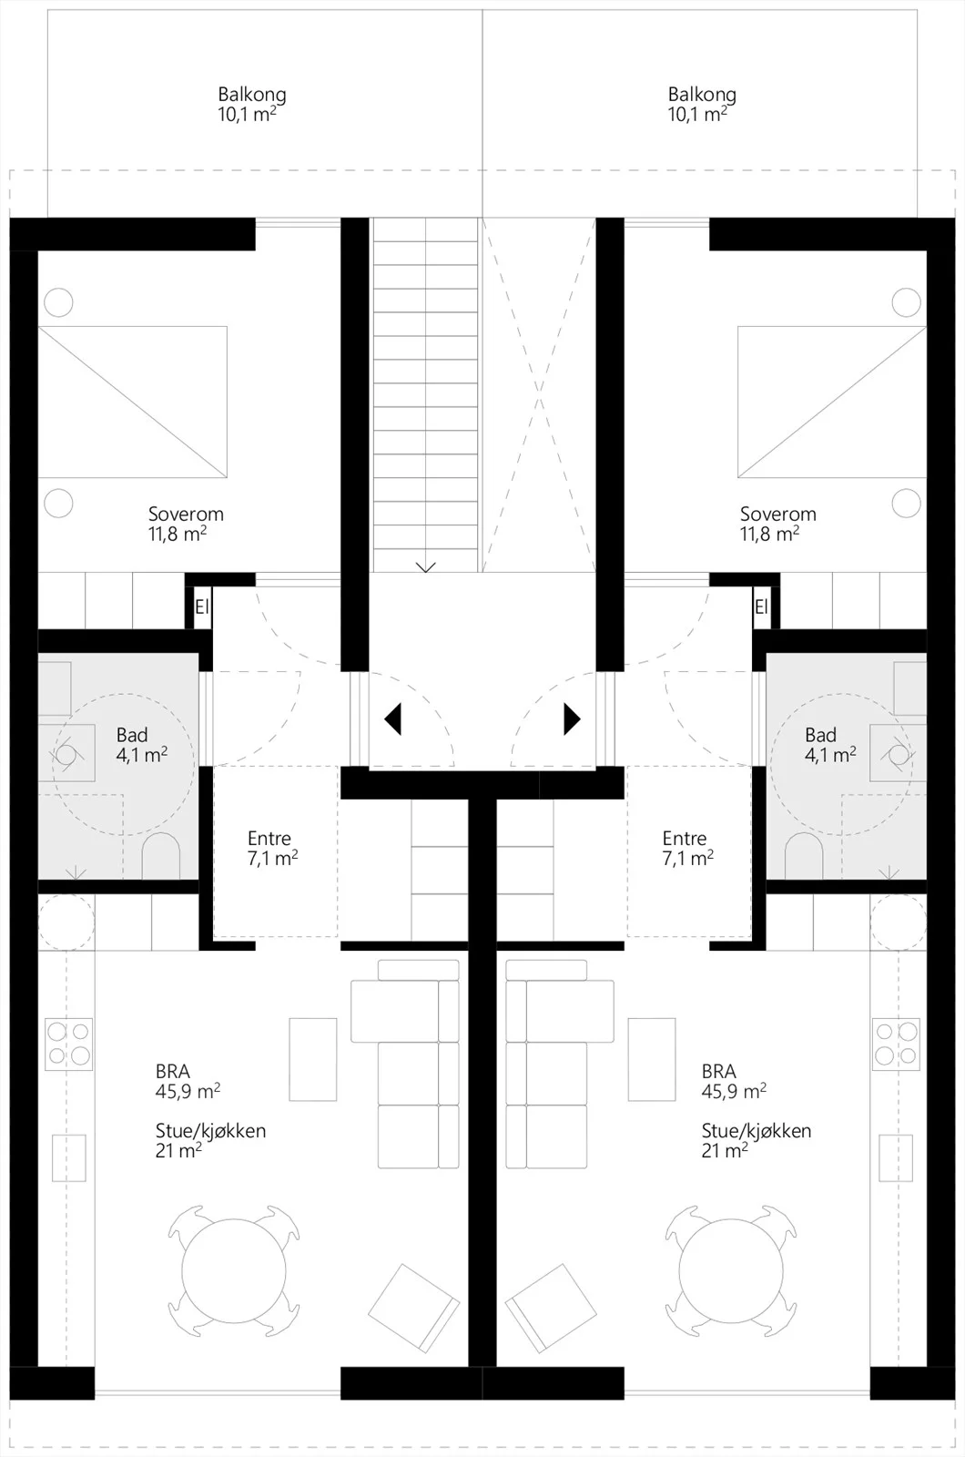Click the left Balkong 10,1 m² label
tap(251, 104)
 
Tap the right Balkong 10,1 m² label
tap(702, 104)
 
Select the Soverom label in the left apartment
tap(186, 514)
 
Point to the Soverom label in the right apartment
tap(777, 514)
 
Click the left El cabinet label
tap(201, 606)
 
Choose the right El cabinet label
tap(761, 606)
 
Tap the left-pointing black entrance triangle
tap(392, 719)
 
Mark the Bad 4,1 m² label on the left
tap(142, 745)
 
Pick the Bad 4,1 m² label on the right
tap(830, 745)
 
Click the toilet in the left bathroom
tap(160, 855)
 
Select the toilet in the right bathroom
tap(805, 855)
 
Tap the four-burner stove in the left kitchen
tap(68, 1044)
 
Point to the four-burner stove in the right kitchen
tap(896, 1044)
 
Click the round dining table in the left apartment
tap(233, 1271)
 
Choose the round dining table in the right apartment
tap(731, 1271)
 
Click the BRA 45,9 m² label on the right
tap(734, 1080)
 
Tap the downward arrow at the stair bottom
tap(425, 567)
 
